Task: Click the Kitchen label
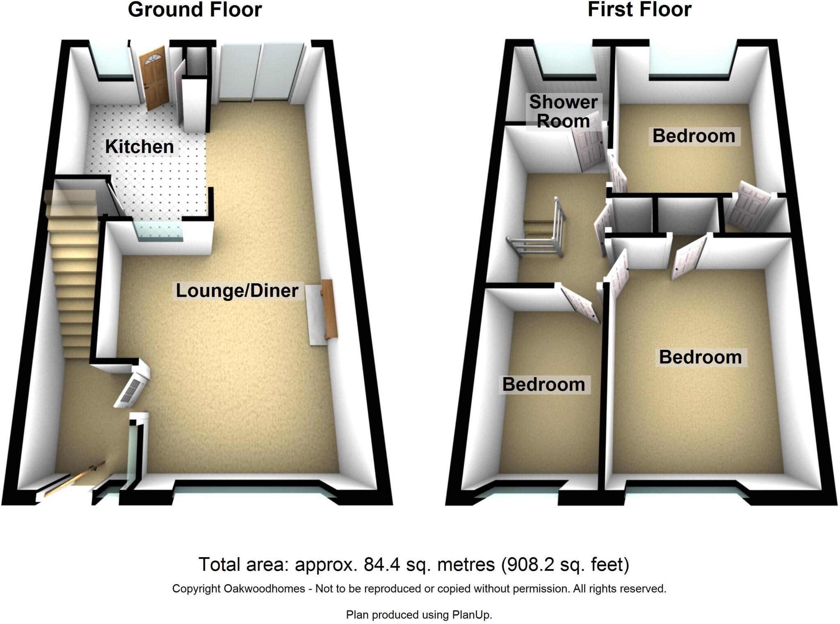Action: point(139,147)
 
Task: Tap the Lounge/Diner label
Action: point(237,291)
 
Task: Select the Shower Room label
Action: point(563,112)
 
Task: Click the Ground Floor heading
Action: point(195,10)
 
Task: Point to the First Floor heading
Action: point(639,10)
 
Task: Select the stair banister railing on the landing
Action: point(537,242)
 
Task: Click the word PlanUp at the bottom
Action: point(471,615)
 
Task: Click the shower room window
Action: point(568,61)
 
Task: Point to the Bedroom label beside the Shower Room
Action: point(694,136)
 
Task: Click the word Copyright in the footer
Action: point(196,589)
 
